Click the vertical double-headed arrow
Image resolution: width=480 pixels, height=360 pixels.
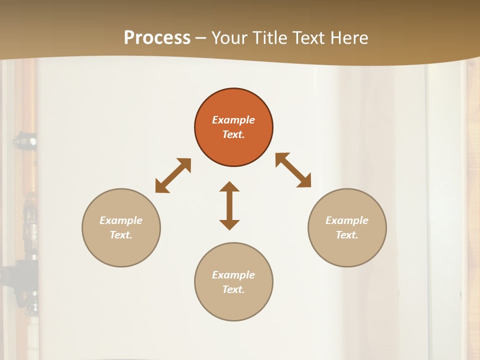click(229, 205)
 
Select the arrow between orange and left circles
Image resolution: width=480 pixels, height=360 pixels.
click(173, 175)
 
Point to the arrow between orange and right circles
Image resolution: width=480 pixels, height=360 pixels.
click(293, 170)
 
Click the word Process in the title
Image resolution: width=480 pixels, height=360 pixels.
click(157, 37)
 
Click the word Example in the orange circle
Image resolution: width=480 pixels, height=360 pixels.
click(233, 120)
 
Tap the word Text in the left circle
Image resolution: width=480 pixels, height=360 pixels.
click(121, 235)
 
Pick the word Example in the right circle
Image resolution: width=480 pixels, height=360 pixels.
click(347, 220)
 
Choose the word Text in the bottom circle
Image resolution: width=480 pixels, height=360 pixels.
click(233, 289)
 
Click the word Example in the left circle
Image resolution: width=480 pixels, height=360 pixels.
click(121, 220)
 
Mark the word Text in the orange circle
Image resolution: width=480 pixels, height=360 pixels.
click(233, 134)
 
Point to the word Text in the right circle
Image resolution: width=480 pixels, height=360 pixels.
click(347, 235)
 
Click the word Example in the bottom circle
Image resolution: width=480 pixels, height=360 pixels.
click(233, 275)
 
